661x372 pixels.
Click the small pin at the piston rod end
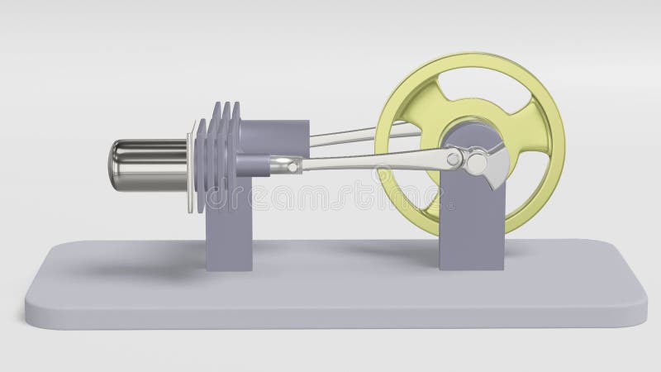pyautogui.click(x=292, y=168)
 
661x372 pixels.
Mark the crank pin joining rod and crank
pyautogui.click(x=454, y=155)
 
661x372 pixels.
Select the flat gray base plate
pyautogui.click(x=330, y=289)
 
